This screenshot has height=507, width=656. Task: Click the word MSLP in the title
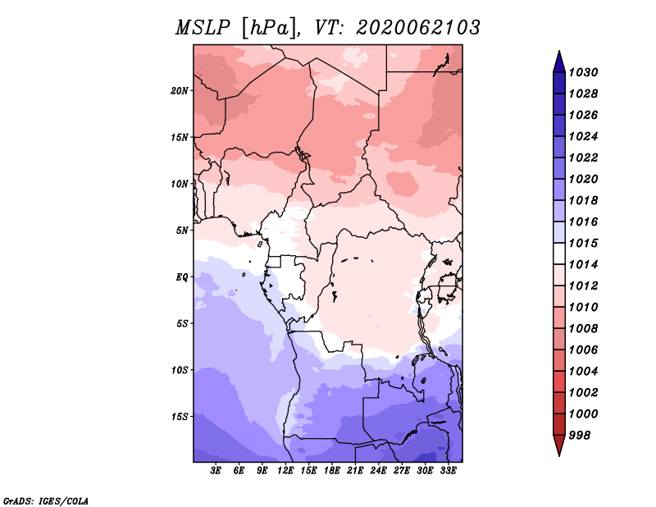click(x=203, y=28)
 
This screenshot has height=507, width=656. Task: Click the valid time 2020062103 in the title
click(x=417, y=28)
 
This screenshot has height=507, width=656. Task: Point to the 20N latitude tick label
click(x=180, y=91)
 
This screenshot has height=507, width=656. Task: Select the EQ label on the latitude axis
click(x=182, y=277)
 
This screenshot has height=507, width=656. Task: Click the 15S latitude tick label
click(x=180, y=417)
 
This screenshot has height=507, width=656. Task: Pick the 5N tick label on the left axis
click(x=182, y=231)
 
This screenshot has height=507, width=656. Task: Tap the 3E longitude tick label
click(x=216, y=471)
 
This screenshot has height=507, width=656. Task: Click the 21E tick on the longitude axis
click(x=355, y=471)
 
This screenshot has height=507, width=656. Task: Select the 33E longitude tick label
click(x=448, y=471)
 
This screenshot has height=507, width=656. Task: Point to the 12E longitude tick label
click(x=285, y=471)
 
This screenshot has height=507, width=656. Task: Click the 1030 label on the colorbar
click(x=583, y=72)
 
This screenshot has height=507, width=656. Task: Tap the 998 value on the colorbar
click(x=580, y=436)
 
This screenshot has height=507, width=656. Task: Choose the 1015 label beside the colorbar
click(x=583, y=243)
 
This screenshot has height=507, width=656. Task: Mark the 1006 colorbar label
click(x=583, y=350)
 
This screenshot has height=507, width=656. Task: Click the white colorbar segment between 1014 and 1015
click(x=559, y=253)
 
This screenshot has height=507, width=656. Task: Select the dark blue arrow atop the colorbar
click(x=559, y=62)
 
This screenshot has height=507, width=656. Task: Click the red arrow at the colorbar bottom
click(x=559, y=445)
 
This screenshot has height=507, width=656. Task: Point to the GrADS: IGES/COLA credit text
click(x=46, y=501)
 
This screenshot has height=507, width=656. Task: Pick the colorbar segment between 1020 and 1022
click(x=559, y=168)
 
